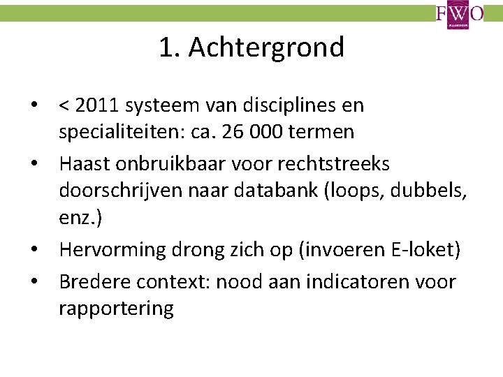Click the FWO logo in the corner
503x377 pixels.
pyautogui.click(x=459, y=15)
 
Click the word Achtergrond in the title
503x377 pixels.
pyautogui.click(x=266, y=47)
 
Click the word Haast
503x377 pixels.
pyautogui.click(x=83, y=164)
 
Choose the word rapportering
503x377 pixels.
pyautogui.click(x=116, y=308)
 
